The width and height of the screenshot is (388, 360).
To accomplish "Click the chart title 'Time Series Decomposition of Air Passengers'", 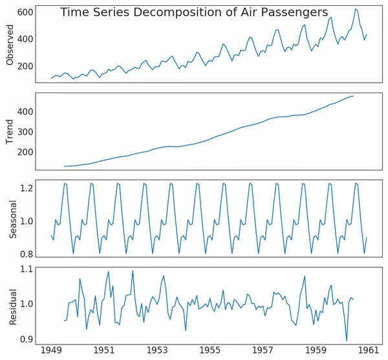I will (194, 12).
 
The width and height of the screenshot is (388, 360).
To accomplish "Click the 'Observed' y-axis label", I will (10, 45).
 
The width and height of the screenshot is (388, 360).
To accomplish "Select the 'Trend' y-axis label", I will (10, 131).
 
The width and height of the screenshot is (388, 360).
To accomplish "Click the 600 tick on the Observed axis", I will (26, 12).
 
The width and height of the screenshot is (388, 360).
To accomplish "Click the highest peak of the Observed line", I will (355, 9).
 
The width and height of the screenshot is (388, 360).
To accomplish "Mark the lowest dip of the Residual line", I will (347, 341).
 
